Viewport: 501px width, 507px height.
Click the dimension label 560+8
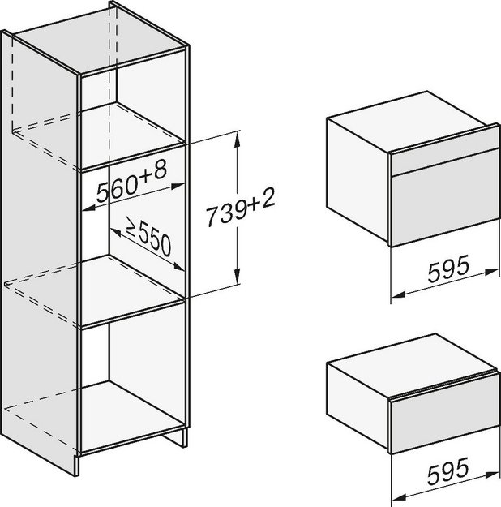pos(132,182)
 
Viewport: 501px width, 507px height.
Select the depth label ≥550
pos(148,236)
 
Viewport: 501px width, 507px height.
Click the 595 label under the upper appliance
pos(448,268)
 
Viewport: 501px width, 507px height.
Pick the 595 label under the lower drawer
pos(448,470)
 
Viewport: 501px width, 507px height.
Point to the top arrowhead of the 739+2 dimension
pos(238,139)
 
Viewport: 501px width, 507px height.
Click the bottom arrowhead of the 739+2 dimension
pos(238,276)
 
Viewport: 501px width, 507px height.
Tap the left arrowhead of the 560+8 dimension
pos(88,208)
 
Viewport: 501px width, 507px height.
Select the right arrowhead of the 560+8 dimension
pos(178,187)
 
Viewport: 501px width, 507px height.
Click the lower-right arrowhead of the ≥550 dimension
pos(178,267)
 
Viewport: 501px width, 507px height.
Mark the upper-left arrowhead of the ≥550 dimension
pos(115,231)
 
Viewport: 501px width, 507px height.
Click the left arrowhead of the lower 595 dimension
pos(398,496)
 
